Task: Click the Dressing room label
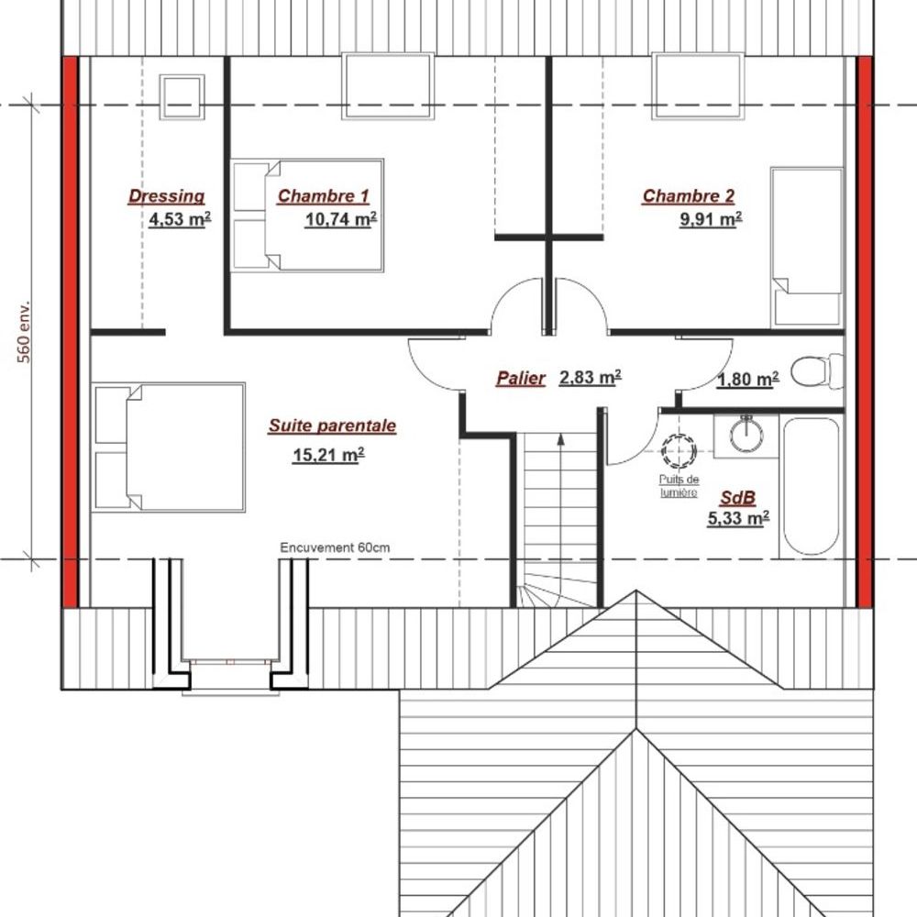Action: [167, 196]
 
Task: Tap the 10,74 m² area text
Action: [340, 219]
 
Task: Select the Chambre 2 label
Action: [689, 196]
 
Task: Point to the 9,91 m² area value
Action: [711, 219]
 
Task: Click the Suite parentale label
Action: [332, 425]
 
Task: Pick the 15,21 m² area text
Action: [328, 455]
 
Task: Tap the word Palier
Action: [521, 379]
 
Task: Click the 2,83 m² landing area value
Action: [590, 378]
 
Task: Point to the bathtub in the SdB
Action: [812, 487]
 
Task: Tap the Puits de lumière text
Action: [679, 486]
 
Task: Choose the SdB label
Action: [737, 498]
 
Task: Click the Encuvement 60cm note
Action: [335, 548]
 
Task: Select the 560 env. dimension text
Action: [24, 332]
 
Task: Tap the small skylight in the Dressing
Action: [182, 97]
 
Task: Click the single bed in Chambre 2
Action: [807, 248]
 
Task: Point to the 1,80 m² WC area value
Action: [748, 380]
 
